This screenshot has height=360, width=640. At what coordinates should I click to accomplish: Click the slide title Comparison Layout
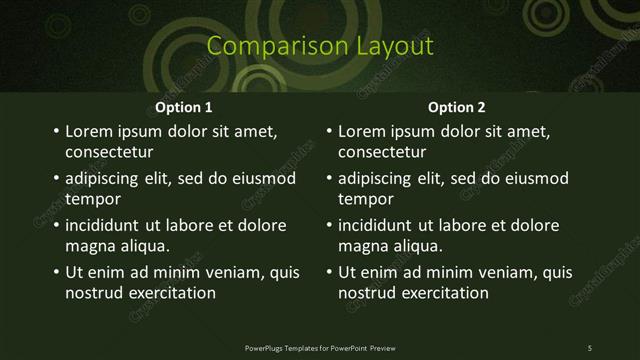pyautogui.click(x=320, y=46)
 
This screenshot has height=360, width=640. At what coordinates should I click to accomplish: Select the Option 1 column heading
pyautogui.click(x=184, y=107)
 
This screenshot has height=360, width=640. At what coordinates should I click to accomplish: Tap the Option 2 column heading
pyautogui.click(x=457, y=107)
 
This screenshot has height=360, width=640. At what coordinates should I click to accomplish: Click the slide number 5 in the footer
pyautogui.click(x=590, y=347)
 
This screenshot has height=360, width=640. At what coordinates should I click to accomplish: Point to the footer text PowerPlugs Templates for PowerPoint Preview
pyautogui.click(x=320, y=347)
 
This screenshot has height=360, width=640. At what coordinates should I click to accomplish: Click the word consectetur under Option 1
pyautogui.click(x=109, y=153)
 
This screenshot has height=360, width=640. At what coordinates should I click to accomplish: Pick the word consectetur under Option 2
pyautogui.click(x=382, y=153)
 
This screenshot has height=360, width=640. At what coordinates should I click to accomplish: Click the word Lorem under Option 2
pyautogui.click(x=361, y=131)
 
